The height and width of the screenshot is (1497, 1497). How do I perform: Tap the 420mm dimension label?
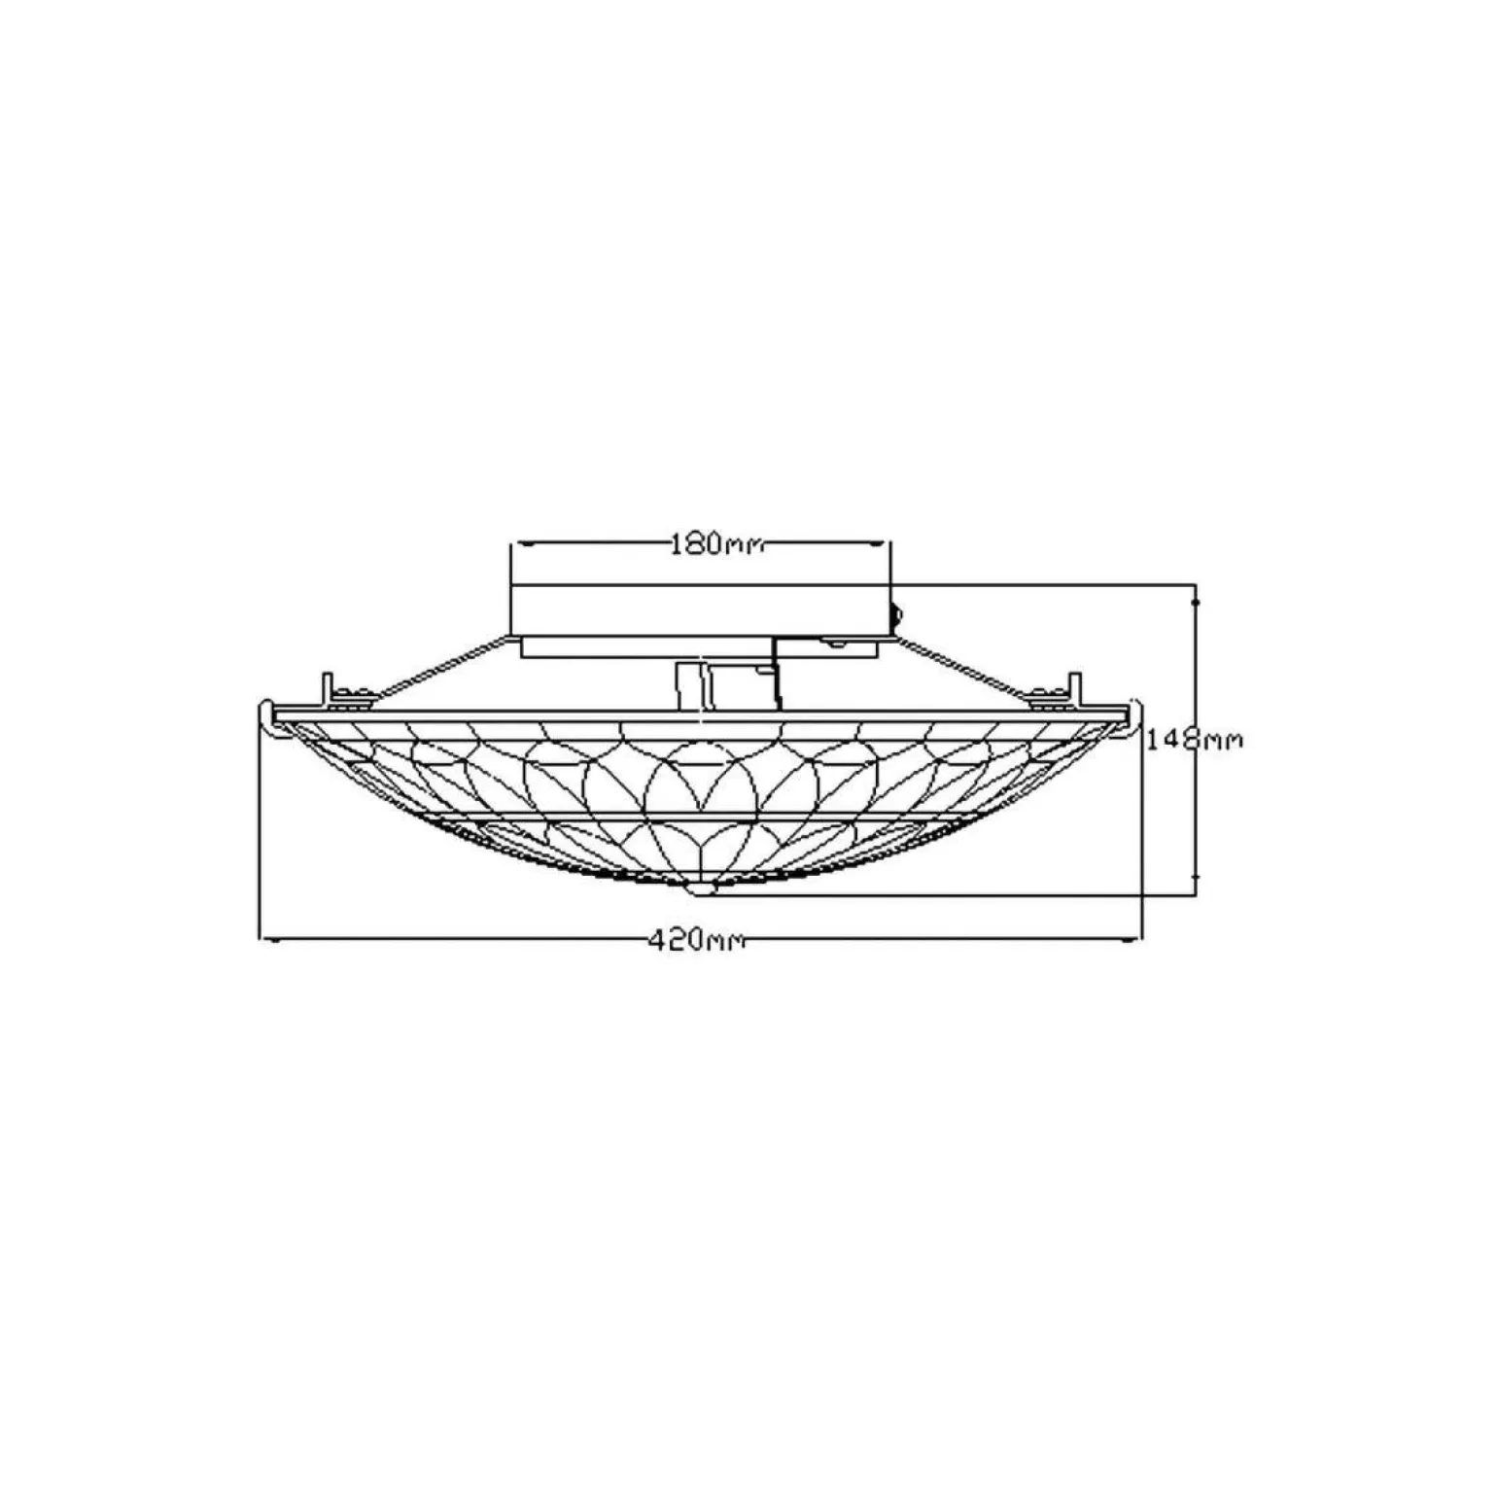point(696,940)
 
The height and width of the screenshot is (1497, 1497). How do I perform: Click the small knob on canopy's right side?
point(896,614)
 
